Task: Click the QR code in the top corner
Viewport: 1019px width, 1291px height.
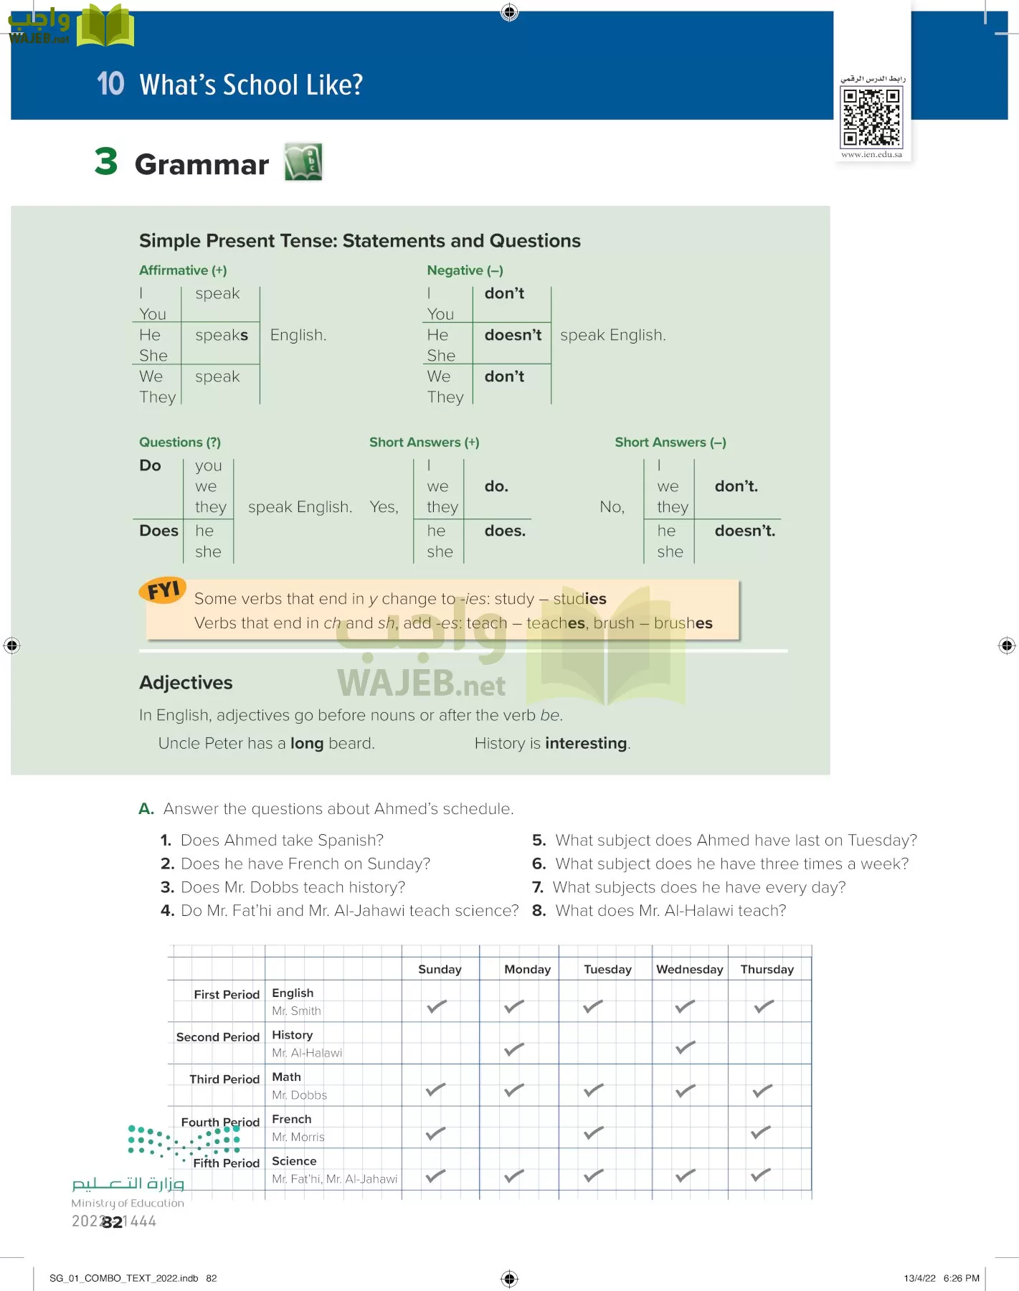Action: (x=871, y=117)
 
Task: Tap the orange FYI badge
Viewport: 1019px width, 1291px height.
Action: (x=163, y=590)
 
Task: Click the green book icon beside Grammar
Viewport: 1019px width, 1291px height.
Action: (x=303, y=162)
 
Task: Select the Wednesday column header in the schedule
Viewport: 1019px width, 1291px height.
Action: (x=689, y=969)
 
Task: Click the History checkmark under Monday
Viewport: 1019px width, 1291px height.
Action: (x=513, y=1049)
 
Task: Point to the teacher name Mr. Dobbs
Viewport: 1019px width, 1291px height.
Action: (x=299, y=1095)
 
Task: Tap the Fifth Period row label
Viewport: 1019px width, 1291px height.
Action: (x=226, y=1163)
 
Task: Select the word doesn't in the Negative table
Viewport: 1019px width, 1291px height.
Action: (x=513, y=335)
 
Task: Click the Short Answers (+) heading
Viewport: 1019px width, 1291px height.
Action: (x=424, y=443)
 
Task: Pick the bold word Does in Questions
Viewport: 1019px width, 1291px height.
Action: (x=158, y=531)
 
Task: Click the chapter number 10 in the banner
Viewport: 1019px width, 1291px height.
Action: (x=110, y=84)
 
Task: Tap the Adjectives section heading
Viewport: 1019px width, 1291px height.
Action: (x=186, y=683)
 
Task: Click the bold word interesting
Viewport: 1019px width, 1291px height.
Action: (x=586, y=743)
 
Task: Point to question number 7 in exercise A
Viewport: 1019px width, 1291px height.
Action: (x=538, y=887)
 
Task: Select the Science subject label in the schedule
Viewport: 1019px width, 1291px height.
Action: (x=294, y=1160)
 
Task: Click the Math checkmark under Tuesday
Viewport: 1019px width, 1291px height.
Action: (x=593, y=1091)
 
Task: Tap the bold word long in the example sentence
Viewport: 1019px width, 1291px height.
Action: (x=306, y=743)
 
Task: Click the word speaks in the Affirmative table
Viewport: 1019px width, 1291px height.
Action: (x=222, y=335)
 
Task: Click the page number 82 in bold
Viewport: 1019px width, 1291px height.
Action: (x=113, y=1222)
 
